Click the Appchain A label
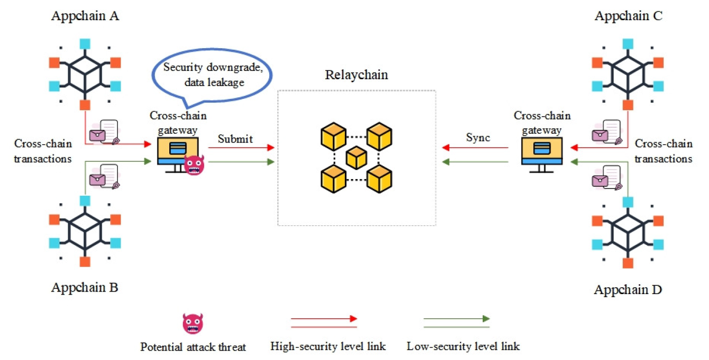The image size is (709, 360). [x=85, y=17]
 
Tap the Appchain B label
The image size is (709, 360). [x=85, y=288]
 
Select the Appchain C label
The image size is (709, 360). [x=628, y=16]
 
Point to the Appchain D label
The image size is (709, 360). [x=628, y=290]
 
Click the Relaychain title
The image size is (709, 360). [x=356, y=75]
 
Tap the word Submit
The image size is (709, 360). [x=235, y=139]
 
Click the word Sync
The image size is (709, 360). [x=478, y=137]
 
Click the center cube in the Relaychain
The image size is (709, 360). [x=357, y=158]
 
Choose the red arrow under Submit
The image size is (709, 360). [x=241, y=148]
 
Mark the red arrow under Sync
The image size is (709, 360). [x=475, y=148]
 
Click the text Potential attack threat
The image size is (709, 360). [x=193, y=347]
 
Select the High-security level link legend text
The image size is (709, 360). [x=328, y=346]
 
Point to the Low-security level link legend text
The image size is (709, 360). [x=463, y=346]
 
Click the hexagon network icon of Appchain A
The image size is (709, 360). [x=85, y=74]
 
